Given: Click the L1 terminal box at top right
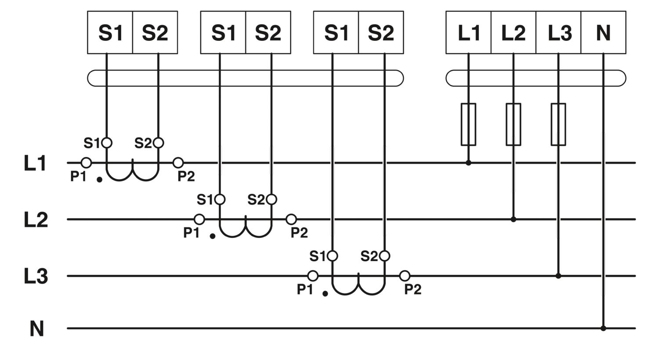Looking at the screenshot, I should click(x=468, y=32).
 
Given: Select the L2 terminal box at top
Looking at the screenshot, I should click(x=513, y=32).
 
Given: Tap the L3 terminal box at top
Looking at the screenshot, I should click(x=558, y=32).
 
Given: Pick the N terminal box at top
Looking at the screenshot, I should click(x=603, y=32).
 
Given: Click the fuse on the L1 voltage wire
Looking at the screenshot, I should click(x=468, y=124).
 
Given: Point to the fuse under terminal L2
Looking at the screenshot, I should click(x=513, y=124).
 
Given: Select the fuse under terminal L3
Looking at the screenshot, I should click(x=558, y=124).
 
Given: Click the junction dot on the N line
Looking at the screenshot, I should click(x=603, y=328).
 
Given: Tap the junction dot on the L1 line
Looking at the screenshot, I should click(x=468, y=163).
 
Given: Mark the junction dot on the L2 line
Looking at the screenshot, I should click(x=513, y=219).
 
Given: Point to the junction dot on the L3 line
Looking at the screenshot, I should click(x=558, y=276).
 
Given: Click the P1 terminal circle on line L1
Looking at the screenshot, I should click(x=87, y=163).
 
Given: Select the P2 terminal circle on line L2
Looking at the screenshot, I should click(x=291, y=219).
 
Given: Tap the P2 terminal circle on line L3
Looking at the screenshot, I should click(x=405, y=276).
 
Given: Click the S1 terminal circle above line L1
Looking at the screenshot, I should click(x=107, y=143).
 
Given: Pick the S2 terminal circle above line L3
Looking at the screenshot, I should click(x=384, y=256).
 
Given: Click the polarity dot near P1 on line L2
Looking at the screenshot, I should click(x=212, y=236).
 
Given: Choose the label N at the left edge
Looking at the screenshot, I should click(x=36, y=328).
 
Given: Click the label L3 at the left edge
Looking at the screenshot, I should click(x=36, y=277).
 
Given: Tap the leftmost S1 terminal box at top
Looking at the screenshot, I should click(x=110, y=32).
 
